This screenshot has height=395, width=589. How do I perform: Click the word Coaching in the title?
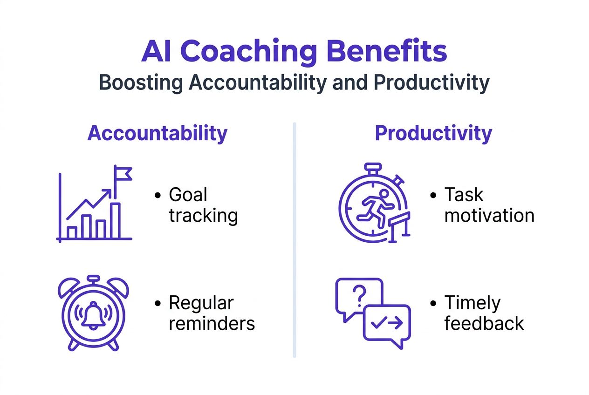(x=248, y=52)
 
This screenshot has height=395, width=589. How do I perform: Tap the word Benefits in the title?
(x=388, y=50)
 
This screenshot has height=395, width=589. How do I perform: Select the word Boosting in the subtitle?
(x=141, y=83)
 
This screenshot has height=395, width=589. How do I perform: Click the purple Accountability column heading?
(x=158, y=134)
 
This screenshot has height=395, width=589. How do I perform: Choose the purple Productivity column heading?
(x=434, y=134)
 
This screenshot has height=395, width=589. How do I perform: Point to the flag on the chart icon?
(x=123, y=174)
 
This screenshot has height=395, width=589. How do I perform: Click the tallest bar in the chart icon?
(x=116, y=221)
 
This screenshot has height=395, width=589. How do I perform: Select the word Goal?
(x=188, y=195)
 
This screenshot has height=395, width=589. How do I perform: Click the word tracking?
(x=203, y=216)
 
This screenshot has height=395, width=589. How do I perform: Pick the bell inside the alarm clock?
(x=93, y=315)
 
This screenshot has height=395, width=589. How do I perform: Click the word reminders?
(x=212, y=324)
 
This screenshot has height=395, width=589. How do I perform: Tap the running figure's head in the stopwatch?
(x=384, y=193)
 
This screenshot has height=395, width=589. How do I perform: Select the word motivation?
(x=489, y=216)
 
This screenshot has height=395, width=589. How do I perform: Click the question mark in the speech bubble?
(x=359, y=296)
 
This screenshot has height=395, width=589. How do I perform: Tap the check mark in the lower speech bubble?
(x=379, y=323)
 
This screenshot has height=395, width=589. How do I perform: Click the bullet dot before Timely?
(x=433, y=304)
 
